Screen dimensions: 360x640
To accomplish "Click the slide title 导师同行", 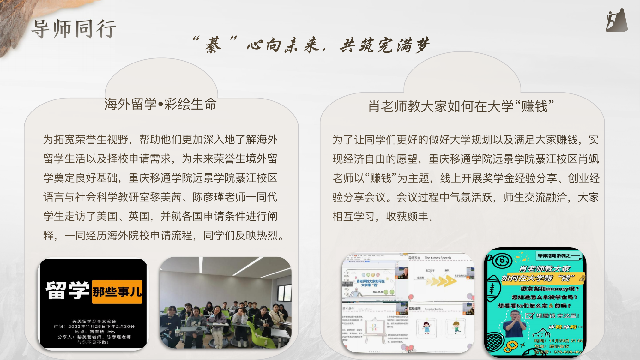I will tap(74, 29).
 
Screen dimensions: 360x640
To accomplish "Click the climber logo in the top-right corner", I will tap(616, 21).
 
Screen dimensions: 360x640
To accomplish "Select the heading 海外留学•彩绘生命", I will tap(160, 104).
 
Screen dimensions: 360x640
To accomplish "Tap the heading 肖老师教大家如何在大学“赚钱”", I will tap(461, 106).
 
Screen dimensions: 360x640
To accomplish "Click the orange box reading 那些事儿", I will tap(117, 291).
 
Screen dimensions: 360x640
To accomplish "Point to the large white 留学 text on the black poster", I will tap(67, 290).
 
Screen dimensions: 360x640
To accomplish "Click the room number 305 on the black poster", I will tap(111, 332).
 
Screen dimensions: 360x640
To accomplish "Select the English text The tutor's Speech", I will tap(438, 258).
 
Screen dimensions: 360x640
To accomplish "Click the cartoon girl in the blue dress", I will tap(427, 328).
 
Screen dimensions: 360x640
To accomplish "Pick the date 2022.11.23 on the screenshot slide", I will tap(377, 292).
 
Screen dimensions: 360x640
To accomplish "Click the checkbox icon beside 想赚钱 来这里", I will tap(529, 315).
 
